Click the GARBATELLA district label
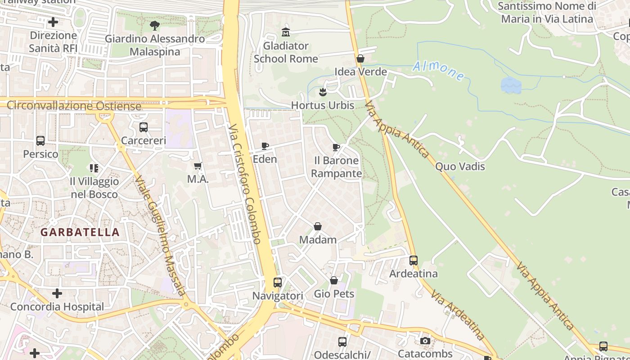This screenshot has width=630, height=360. pos(80,232)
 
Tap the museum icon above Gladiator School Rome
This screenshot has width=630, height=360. pos(286,32)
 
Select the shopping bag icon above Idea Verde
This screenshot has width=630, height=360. pos(360,58)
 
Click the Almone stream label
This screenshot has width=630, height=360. pos(439,71)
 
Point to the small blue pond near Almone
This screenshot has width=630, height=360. pos(511,85)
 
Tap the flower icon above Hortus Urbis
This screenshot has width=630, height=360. pos(323,92)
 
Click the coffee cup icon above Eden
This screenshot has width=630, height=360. pos(265,146)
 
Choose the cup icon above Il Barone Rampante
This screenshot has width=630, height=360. pos(336,147)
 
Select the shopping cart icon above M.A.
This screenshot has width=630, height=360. pos(198,166)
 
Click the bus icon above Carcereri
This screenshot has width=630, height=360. pos(144,127)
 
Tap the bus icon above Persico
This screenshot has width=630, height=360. pos(40,141)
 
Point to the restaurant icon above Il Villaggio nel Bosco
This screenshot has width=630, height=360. pos(94,168)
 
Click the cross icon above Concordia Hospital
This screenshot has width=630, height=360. pos(57,293)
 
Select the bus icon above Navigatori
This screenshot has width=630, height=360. pos(278,283)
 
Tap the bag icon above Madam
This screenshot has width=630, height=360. pos(318,226)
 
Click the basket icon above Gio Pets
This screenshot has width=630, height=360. pos(334,280)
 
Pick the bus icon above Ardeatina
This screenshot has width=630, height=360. pos(414,260)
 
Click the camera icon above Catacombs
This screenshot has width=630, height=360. pos(425,341)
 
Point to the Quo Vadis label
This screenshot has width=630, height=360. pos(460,166)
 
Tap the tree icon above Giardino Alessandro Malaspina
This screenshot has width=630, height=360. pos(155,25)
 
